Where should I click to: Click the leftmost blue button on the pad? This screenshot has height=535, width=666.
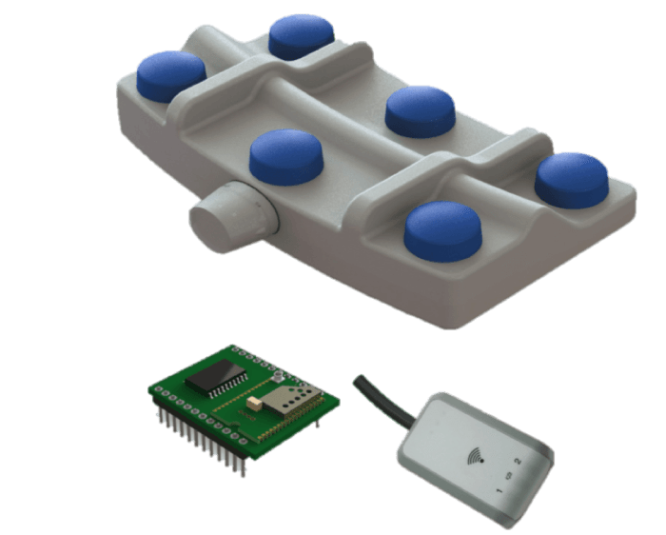tap(171, 75)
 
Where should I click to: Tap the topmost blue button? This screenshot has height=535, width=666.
tap(302, 35)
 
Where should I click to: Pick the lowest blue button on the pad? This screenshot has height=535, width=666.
tap(443, 229)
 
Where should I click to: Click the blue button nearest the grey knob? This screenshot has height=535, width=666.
tap(286, 156)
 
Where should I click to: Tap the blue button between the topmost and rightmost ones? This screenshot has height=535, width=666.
tap(420, 109)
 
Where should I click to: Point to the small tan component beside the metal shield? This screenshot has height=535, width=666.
tap(254, 404)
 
